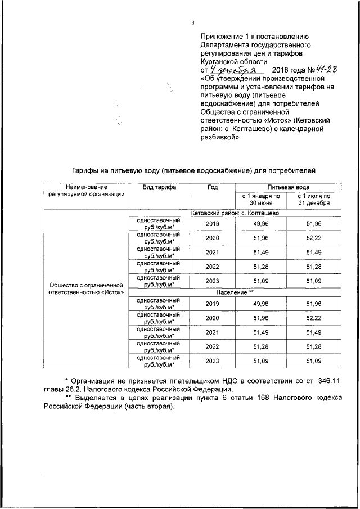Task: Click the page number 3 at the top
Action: pyautogui.click(x=192, y=23)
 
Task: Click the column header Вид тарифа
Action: pyautogui.click(x=159, y=187)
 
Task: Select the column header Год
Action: pyautogui.click(x=212, y=187)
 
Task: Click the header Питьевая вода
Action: pyautogui.click(x=287, y=187)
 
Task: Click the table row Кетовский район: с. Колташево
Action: pyautogui.click(x=235, y=213)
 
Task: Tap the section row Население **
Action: pyautogui.click(x=235, y=294)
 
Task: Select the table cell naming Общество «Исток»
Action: pyautogui.click(x=86, y=289)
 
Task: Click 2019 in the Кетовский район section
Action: pyautogui.click(x=213, y=224)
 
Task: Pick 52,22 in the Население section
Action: pyautogui.click(x=313, y=318)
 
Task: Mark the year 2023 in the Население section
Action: pyautogui.click(x=213, y=361)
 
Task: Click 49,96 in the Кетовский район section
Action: pyautogui.click(x=261, y=224)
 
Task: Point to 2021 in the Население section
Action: pyautogui.click(x=213, y=332)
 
